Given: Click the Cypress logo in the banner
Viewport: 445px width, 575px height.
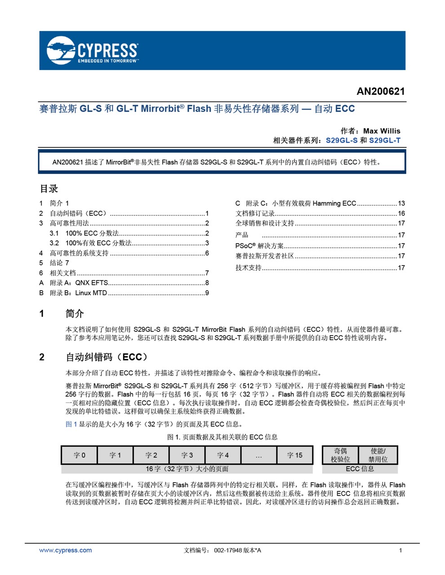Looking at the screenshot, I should click(92, 50).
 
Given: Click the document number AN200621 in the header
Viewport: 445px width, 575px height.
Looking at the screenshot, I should click(380, 92).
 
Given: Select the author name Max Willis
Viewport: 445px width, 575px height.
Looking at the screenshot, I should click(381, 131).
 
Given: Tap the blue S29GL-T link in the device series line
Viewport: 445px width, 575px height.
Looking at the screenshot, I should click(384, 140).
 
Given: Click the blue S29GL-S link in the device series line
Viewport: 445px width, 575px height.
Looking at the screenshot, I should click(342, 140).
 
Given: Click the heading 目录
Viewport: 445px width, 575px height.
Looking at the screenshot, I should click(49, 189).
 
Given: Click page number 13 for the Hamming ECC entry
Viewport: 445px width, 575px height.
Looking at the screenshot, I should click(401, 203).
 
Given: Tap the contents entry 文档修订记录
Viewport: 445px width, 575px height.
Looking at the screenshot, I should click(255, 213).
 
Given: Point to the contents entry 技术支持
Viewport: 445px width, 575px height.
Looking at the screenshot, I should click(249, 268).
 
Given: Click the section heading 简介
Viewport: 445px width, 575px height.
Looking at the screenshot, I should click(75, 314).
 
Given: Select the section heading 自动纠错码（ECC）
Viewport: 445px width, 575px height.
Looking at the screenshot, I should click(107, 357).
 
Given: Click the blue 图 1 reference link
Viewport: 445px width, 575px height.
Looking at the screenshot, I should click(71, 424).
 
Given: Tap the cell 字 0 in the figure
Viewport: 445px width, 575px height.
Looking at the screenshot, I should click(79, 455).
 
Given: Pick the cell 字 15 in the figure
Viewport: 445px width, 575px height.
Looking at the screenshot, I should click(294, 455).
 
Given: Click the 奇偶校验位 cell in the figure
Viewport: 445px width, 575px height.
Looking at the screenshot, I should click(340, 455).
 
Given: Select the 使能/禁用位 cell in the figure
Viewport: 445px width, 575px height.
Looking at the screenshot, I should click(378, 455).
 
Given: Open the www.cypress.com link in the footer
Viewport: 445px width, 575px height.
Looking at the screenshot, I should click(65, 550).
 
